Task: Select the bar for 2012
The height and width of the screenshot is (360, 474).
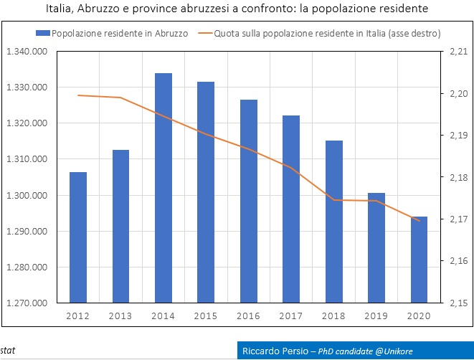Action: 78,237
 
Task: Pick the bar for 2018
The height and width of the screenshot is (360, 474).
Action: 333,222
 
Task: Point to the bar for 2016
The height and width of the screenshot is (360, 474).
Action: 248,201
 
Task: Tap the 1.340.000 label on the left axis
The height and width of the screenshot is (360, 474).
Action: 27,52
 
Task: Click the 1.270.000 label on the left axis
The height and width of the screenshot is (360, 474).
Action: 27,303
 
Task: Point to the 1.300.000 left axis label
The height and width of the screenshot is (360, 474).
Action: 27,196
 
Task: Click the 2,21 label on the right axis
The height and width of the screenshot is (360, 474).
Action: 458,52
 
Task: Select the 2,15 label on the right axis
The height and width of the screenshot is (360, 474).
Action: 458,303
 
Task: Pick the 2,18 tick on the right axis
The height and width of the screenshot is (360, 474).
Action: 458,178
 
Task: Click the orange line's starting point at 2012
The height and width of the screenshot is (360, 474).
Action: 78,95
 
